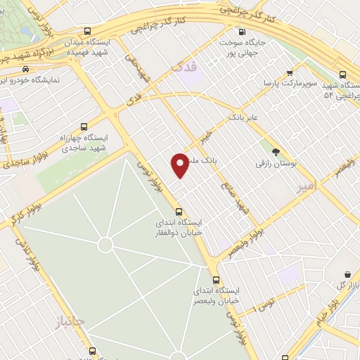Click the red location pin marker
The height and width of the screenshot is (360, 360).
pyautogui.click(x=181, y=165)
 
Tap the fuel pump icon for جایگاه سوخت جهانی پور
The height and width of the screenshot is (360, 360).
pyautogui.click(x=243, y=32)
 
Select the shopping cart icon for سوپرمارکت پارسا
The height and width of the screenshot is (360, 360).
pyautogui.click(x=290, y=73)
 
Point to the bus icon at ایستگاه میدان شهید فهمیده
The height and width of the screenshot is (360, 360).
pyautogui.click(x=87, y=32)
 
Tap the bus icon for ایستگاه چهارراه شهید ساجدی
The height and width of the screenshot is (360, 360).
pyautogui.click(x=84, y=127)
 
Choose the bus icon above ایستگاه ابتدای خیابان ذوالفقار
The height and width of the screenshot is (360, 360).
pyautogui.click(x=179, y=211)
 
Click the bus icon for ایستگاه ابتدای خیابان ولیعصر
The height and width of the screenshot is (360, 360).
pyautogui.click(x=216, y=278)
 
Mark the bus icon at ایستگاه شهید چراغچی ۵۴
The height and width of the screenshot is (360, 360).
pyautogui.click(x=343, y=74)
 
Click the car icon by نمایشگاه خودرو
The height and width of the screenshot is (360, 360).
pyautogui.click(x=26, y=70)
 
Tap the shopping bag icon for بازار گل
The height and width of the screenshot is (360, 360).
pyautogui.click(x=347, y=274)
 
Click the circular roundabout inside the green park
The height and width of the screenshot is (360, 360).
pyautogui.click(x=105, y=245)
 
